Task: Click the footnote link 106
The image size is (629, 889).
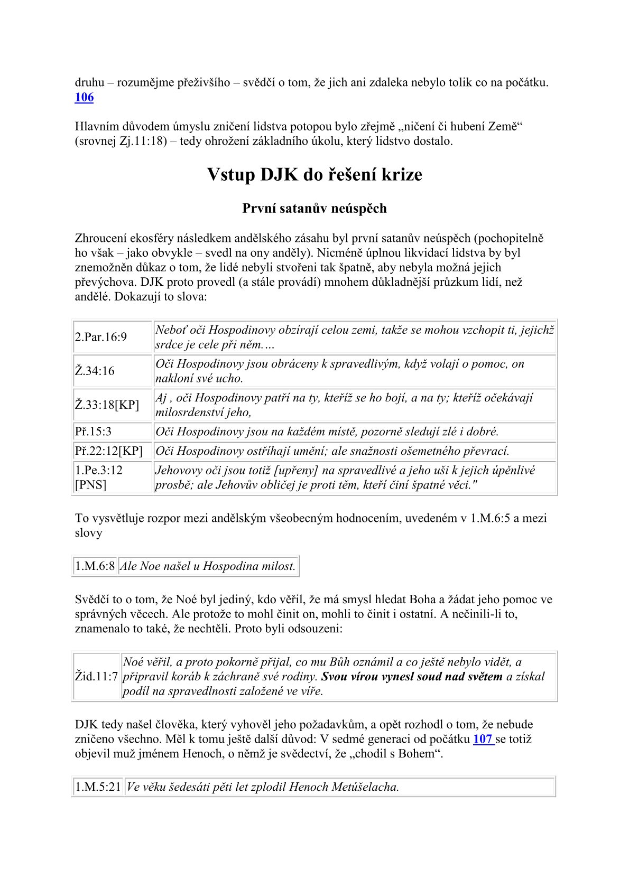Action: [84, 97]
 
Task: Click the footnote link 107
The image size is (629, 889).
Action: [483, 739]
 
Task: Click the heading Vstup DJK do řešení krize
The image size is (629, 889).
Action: [314, 175]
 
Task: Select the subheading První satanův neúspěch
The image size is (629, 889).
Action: [314, 209]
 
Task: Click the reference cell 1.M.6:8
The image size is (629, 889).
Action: [95, 566]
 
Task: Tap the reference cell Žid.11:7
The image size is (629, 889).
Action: [96, 677]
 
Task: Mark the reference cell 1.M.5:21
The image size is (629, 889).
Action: [98, 787]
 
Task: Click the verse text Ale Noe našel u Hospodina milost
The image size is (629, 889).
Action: [208, 566]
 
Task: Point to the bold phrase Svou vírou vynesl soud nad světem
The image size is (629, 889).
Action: [412, 677]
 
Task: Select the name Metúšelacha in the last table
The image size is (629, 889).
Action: [365, 787]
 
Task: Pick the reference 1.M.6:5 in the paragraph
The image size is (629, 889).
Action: [489, 518]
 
